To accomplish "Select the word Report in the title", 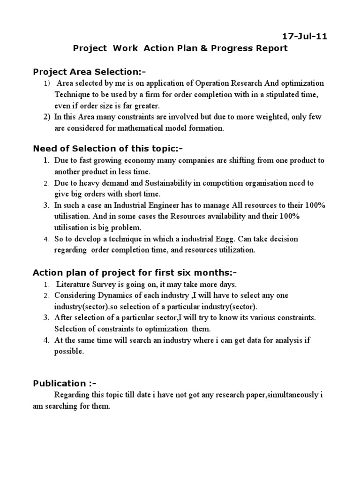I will pyautogui.click(x=270, y=48).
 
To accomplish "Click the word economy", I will pyautogui.click(x=144, y=160).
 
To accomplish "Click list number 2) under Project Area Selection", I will pyautogui.click(x=47, y=117).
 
